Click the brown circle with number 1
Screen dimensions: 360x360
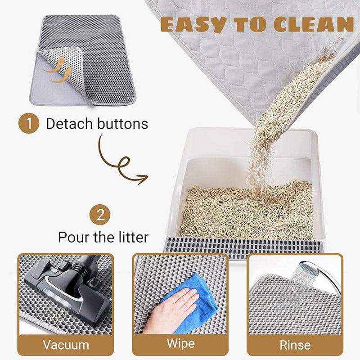[x=29, y=123]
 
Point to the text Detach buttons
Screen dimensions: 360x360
[x=97, y=123]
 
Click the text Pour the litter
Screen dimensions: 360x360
[x=103, y=237]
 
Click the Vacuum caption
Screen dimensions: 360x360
[x=66, y=345]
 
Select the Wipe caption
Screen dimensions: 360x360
[x=180, y=344]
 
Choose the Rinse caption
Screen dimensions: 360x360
[x=295, y=345]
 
